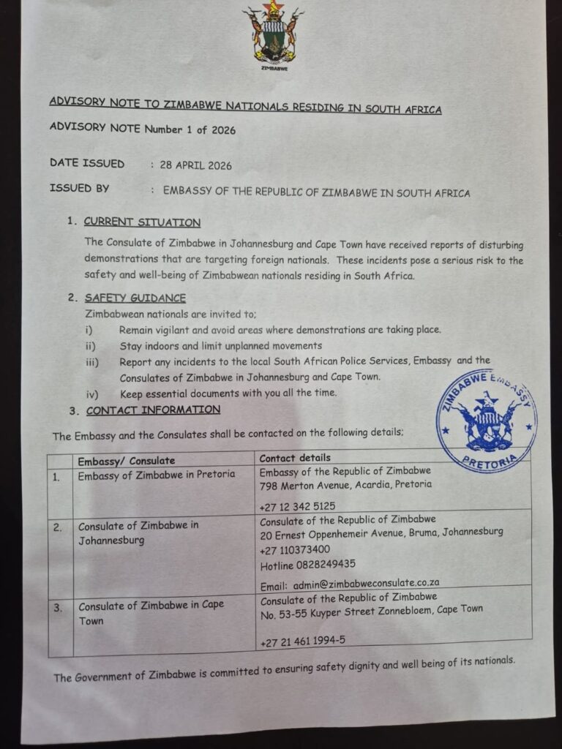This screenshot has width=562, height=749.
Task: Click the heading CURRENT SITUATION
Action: click(x=142, y=222)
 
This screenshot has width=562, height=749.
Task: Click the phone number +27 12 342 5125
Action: click(x=297, y=506)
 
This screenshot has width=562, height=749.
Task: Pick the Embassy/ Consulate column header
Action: click(x=127, y=461)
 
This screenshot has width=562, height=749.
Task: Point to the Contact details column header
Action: click(x=295, y=458)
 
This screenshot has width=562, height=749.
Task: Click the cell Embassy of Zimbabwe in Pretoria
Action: click(x=157, y=475)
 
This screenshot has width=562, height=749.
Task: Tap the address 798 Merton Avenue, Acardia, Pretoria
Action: click(x=345, y=484)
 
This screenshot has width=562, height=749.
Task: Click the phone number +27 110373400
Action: click(x=295, y=549)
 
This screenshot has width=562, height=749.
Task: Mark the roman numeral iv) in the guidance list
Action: click(x=92, y=394)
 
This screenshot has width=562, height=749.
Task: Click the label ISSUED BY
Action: click(x=80, y=189)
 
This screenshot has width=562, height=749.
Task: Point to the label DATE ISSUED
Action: click(x=87, y=163)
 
